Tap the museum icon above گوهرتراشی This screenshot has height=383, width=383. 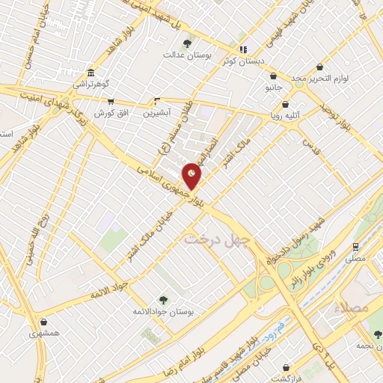pos(91,73)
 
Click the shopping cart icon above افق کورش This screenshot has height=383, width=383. pos(111,102)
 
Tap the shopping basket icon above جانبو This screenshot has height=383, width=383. pos(275,76)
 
